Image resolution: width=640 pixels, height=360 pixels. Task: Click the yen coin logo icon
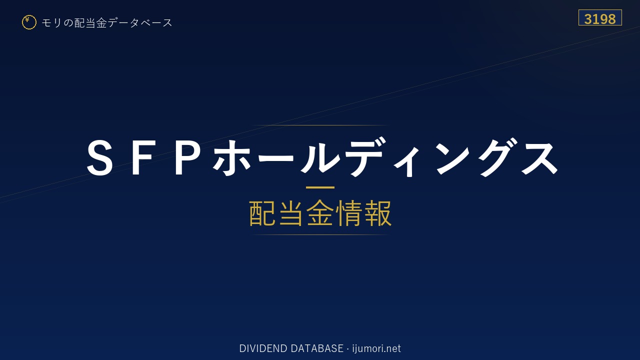point(29,22)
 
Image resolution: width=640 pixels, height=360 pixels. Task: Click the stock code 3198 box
point(600,17)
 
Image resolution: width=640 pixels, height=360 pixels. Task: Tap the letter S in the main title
point(99,157)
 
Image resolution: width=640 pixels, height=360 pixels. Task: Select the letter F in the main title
point(141,157)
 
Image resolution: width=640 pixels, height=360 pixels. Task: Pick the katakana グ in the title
point(497,157)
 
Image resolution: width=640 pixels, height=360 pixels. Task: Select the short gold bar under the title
point(320,187)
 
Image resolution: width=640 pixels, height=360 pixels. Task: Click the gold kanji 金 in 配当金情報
point(320,213)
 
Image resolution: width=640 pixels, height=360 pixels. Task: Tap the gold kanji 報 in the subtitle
point(377,213)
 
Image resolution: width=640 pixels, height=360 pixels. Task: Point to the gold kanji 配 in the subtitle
point(262,213)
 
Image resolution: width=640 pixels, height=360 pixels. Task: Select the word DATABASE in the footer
point(317,348)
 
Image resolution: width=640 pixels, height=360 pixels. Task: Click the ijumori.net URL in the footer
point(376,348)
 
